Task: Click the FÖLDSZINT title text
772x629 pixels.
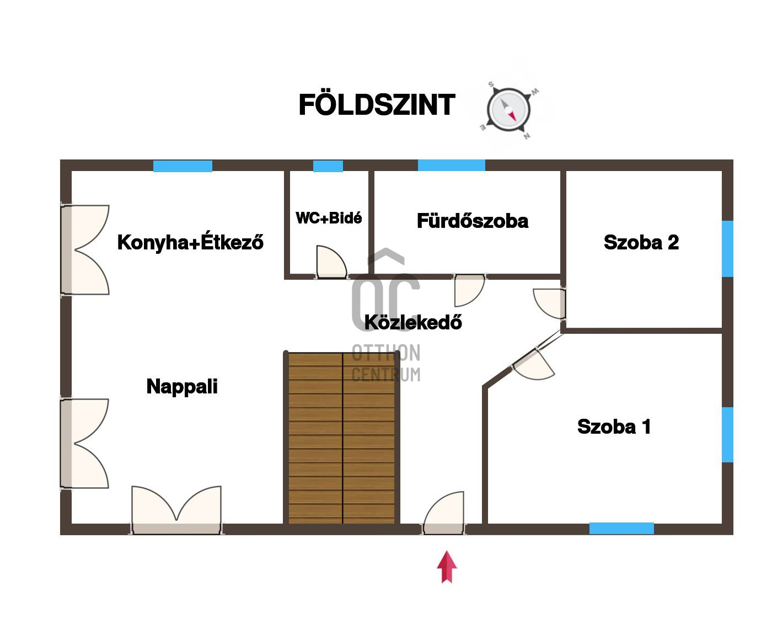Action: (x=377, y=105)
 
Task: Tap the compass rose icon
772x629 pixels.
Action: (x=508, y=110)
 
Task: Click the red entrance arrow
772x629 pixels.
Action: (x=447, y=567)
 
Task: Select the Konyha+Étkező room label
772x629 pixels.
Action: (x=190, y=242)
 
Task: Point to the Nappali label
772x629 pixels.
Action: (x=182, y=386)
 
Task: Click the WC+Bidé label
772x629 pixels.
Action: (x=329, y=218)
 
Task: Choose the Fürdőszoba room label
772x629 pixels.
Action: (x=473, y=221)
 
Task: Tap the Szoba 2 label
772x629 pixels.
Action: (x=641, y=242)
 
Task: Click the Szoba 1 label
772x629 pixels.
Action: (x=614, y=427)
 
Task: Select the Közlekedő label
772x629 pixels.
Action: (x=413, y=322)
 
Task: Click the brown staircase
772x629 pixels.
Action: (x=342, y=438)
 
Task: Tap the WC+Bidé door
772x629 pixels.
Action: (x=330, y=263)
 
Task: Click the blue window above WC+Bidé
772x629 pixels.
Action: (x=328, y=166)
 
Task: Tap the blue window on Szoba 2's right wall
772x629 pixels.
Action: (x=727, y=248)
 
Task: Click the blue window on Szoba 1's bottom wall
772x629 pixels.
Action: (x=621, y=528)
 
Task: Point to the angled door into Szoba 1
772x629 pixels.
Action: (x=534, y=364)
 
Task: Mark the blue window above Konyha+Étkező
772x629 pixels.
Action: (x=183, y=166)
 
